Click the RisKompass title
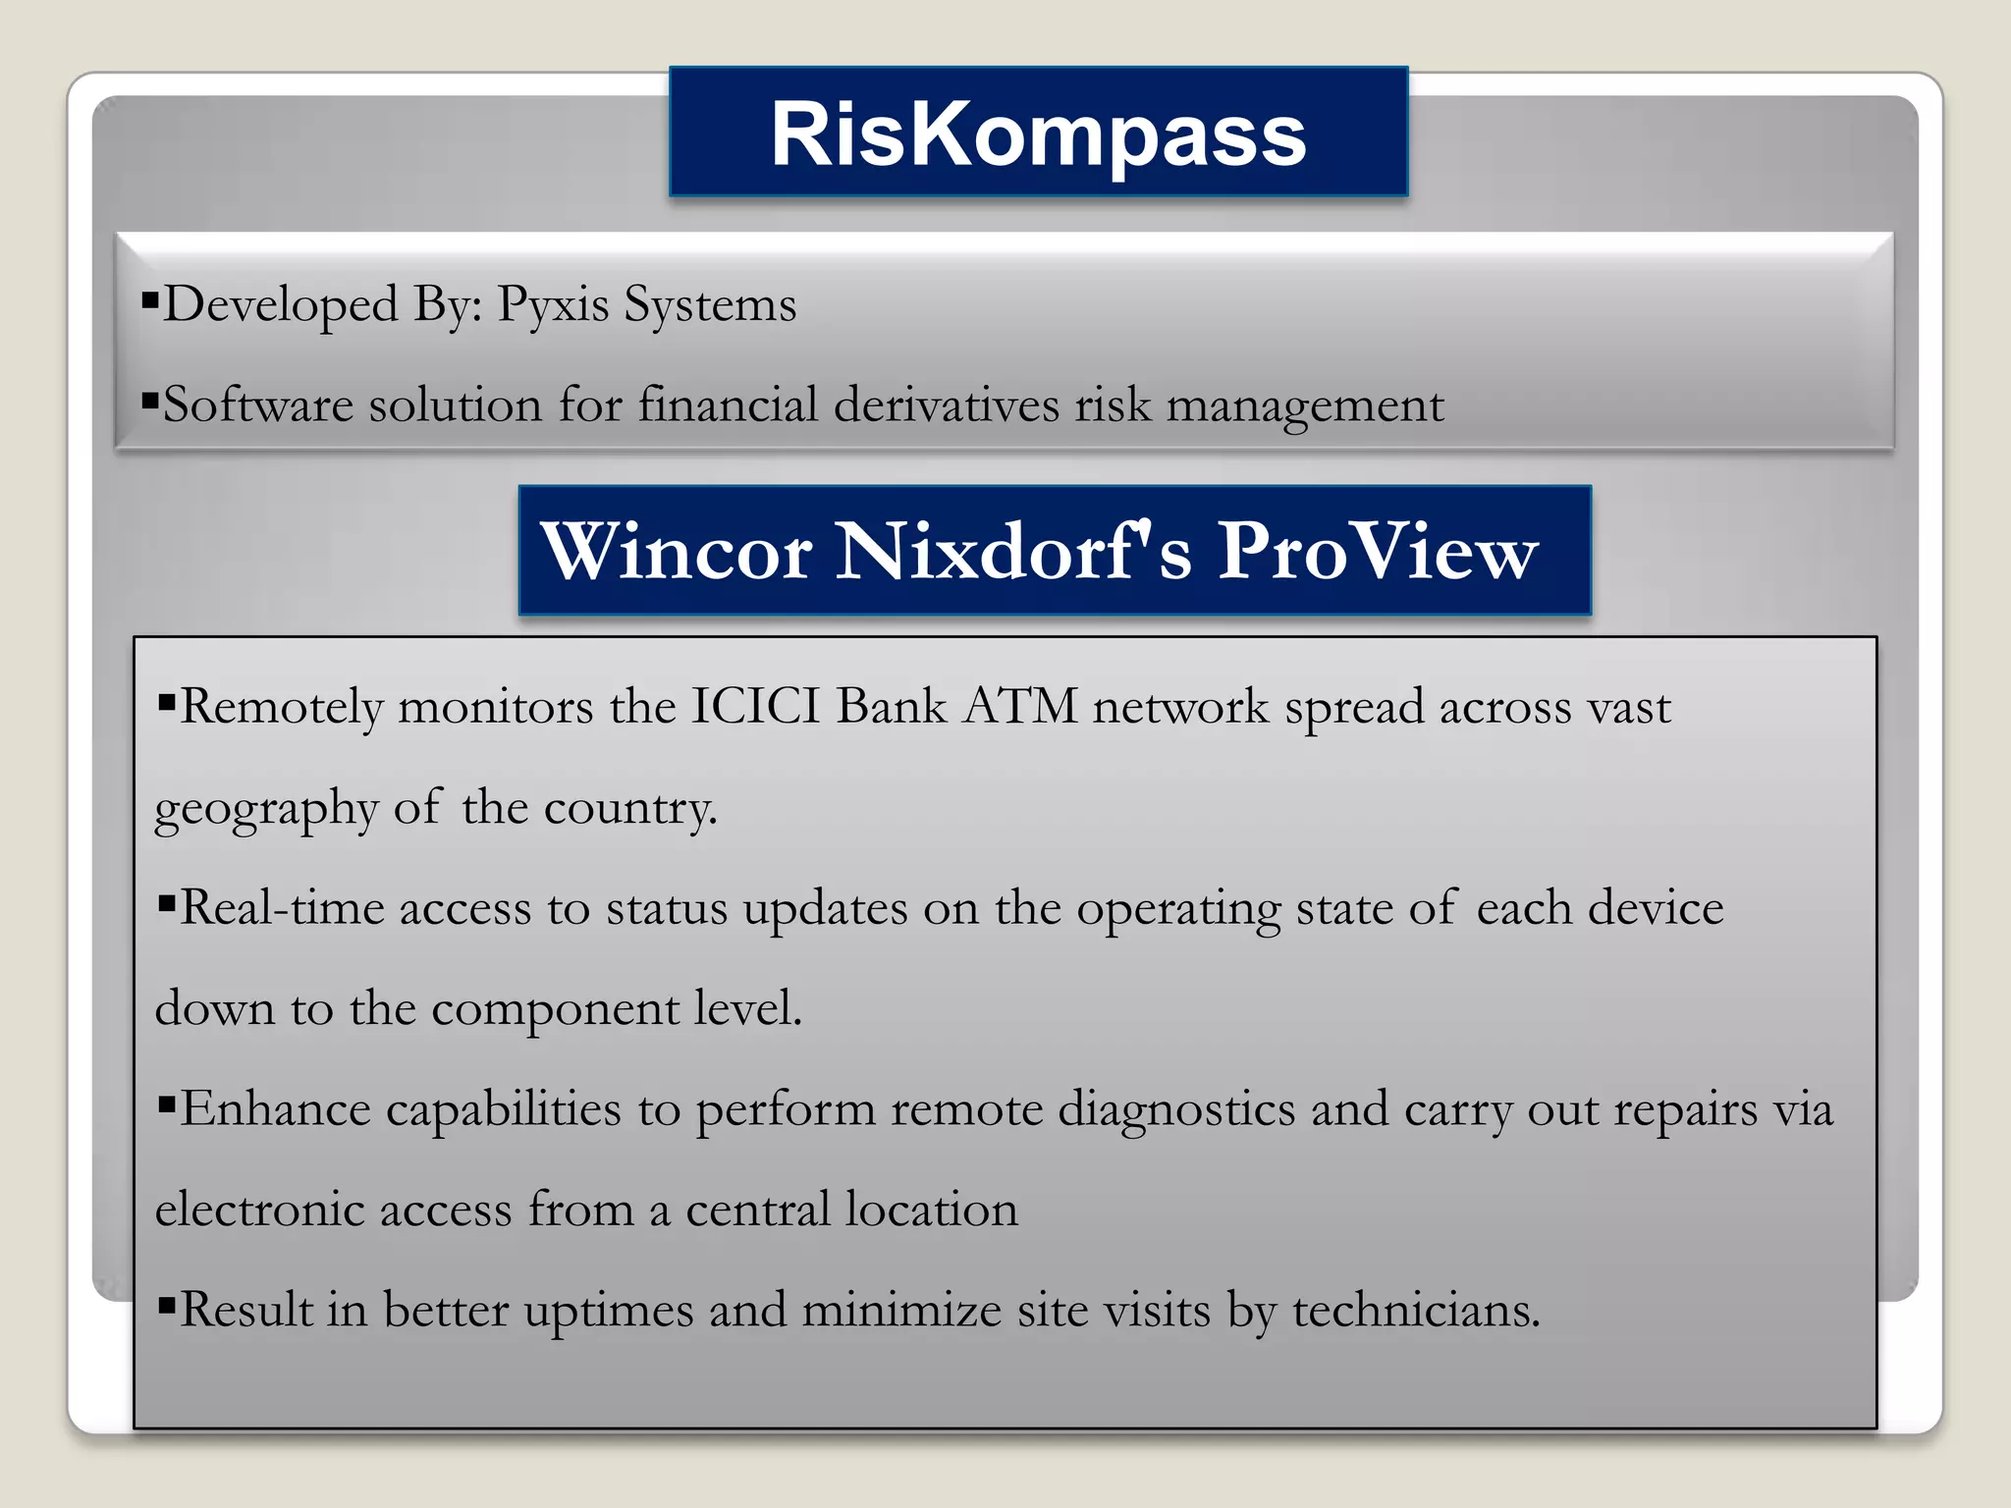pos(1038,135)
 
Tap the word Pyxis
pos(553,305)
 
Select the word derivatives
pos(946,404)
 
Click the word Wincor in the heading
pos(677,552)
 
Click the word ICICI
pos(755,706)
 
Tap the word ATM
pos(1019,706)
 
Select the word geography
pos(266,810)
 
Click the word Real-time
pos(282,907)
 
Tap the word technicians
pos(1416,1311)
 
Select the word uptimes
pos(609,1312)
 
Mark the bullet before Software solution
pos(149,400)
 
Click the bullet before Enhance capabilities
pos(166,1105)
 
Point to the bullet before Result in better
pos(166,1306)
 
